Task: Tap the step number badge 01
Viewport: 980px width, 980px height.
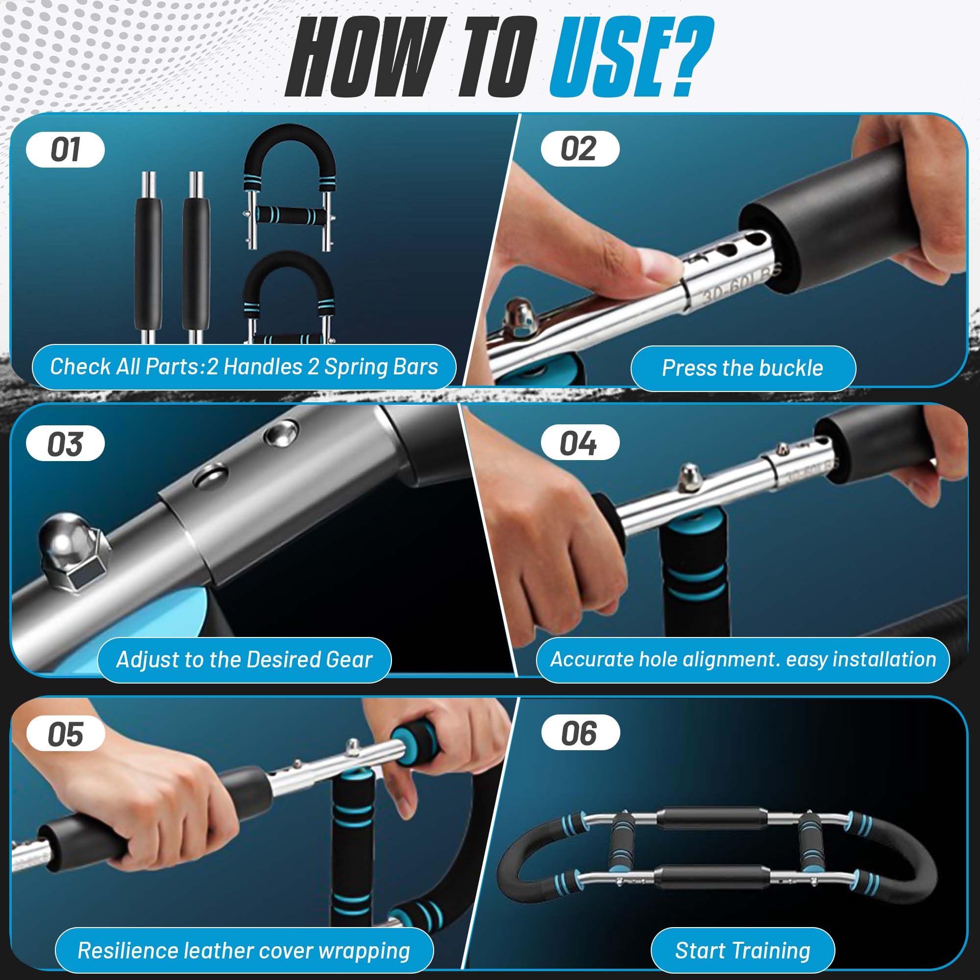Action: pos(66,149)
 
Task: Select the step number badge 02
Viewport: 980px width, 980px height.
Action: pos(580,149)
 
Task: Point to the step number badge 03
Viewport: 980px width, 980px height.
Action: pos(66,443)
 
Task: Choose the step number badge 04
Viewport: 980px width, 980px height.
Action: pos(580,443)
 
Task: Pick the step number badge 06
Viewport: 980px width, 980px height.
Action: pos(580,734)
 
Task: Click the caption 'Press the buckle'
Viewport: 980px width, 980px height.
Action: pos(743,368)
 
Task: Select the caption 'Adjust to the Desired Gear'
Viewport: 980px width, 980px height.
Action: pos(245,660)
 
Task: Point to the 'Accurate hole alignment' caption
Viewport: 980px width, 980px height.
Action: pos(743,660)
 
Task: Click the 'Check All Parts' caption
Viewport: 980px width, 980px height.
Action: pos(244,367)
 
